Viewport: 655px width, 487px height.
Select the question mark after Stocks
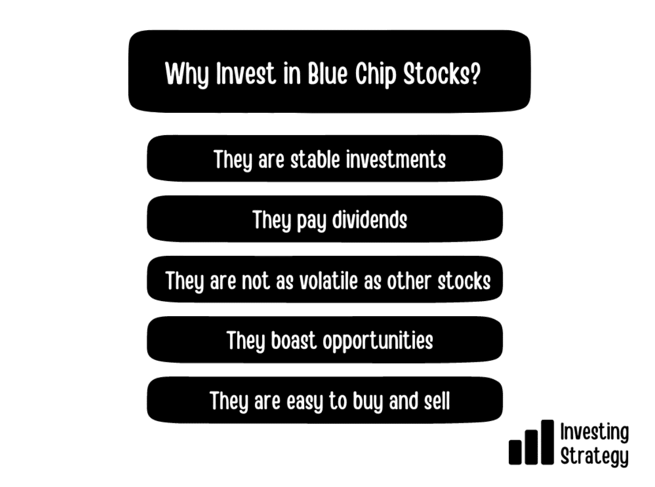(475, 74)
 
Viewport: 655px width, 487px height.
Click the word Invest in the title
(246, 74)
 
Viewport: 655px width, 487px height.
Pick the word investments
(396, 160)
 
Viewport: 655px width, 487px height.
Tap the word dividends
(369, 220)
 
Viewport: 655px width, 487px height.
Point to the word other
(408, 280)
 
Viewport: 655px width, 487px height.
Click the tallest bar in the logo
(547, 442)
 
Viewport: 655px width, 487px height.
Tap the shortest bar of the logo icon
(515, 452)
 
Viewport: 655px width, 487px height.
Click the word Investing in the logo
(594, 432)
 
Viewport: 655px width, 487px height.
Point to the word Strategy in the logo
(594, 456)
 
